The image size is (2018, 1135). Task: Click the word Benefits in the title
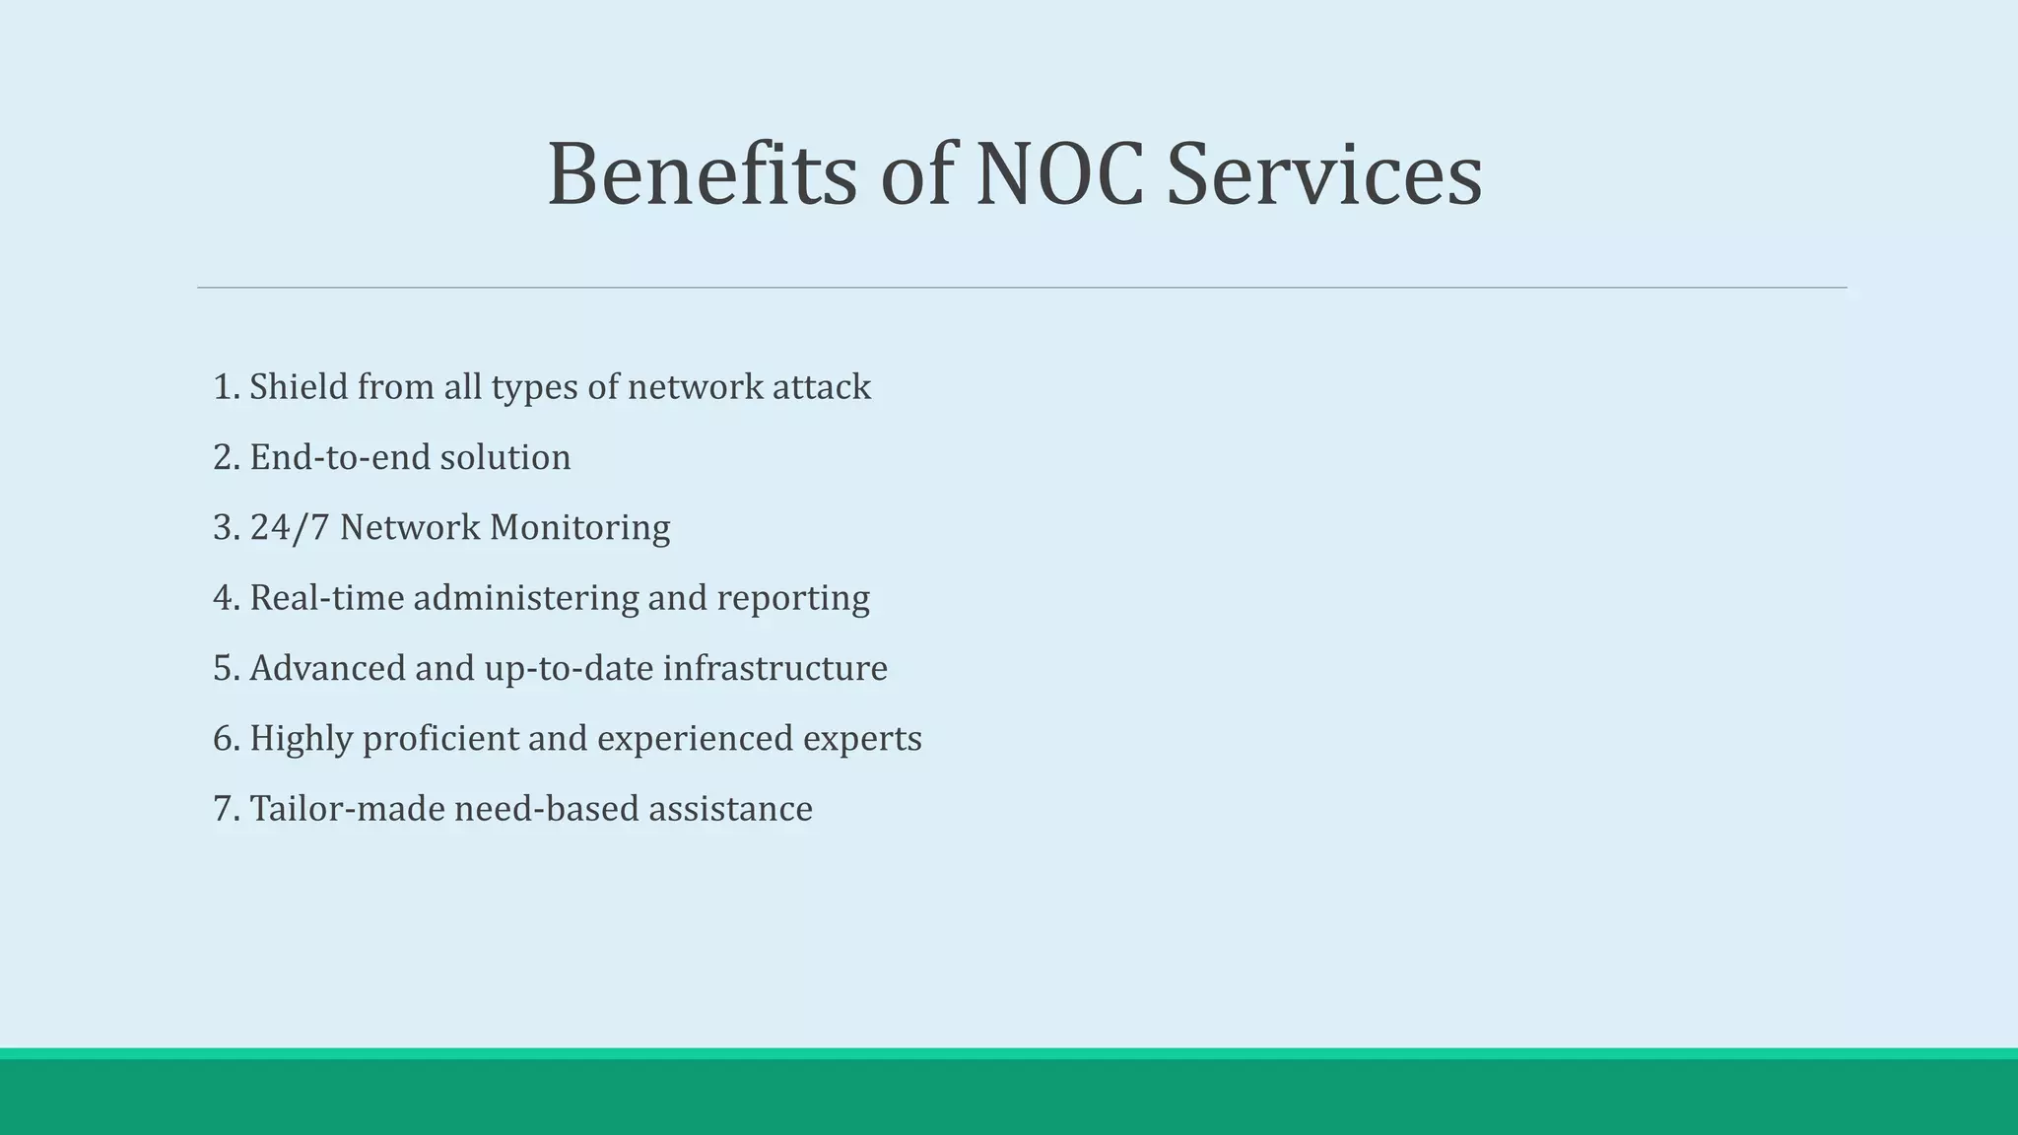[702, 174]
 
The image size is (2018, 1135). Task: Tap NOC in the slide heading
[1059, 174]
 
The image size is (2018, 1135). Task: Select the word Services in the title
[1323, 174]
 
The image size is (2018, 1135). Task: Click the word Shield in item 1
[299, 387]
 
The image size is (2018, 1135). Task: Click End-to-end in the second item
[340, 457]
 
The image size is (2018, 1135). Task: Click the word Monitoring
[579, 528]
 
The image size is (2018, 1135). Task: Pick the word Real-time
[326, 598]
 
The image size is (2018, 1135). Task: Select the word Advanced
[327, 668]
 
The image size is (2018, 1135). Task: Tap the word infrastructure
[774, 668]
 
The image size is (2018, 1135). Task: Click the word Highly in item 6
[301, 739]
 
